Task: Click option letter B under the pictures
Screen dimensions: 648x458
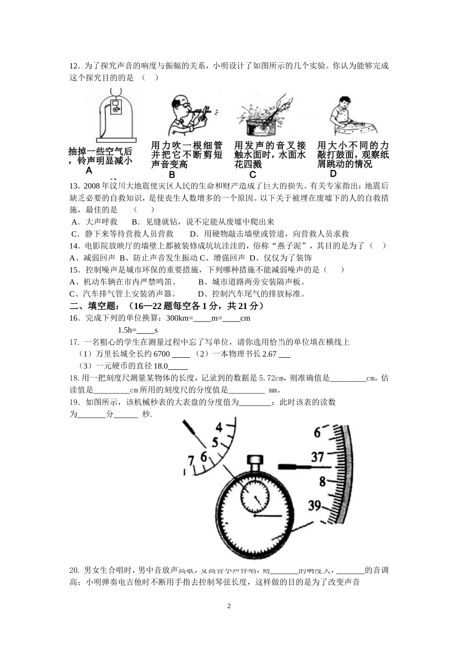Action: coord(172,175)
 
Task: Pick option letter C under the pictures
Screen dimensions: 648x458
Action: coord(253,175)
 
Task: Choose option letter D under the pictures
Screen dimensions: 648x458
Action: coord(333,174)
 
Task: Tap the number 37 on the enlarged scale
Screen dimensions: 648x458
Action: coord(318,456)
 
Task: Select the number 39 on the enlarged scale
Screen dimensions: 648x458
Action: coord(315,505)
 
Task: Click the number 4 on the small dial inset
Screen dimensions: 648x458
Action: coord(219,427)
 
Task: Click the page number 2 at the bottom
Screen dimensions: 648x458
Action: coord(229,606)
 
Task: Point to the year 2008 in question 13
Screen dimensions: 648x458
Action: coord(92,186)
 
